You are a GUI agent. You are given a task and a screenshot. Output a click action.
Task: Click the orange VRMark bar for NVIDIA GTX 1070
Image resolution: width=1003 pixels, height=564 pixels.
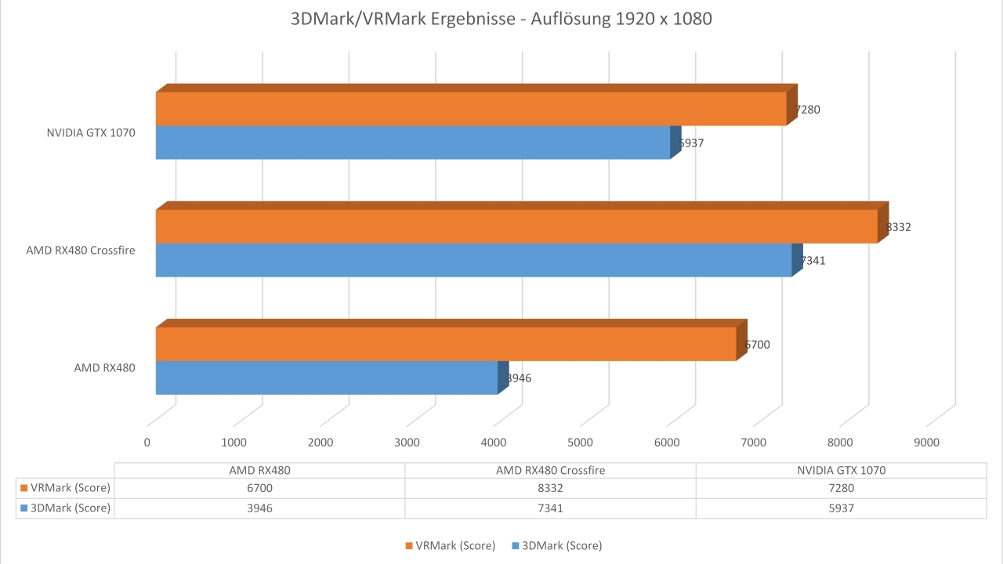(470, 109)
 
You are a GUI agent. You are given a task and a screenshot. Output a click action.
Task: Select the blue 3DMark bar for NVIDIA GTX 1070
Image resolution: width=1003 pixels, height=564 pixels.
(413, 143)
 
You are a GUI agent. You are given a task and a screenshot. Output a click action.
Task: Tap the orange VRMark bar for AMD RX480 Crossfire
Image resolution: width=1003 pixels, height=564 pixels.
(516, 226)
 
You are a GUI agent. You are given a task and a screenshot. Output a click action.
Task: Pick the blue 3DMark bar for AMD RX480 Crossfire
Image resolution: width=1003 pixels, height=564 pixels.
(473, 260)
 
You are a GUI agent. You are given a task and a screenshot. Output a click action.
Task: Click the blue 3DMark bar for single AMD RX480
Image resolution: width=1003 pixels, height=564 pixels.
(327, 378)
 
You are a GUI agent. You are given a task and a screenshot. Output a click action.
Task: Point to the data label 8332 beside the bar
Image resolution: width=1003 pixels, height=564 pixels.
(899, 227)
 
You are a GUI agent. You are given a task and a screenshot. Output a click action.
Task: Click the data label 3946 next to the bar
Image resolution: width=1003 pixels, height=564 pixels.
(519, 378)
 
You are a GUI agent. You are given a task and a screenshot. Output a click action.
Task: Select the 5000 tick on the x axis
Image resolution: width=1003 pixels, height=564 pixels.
(580, 443)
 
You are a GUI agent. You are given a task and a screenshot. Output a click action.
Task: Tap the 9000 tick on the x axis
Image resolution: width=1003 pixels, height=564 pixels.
(926, 443)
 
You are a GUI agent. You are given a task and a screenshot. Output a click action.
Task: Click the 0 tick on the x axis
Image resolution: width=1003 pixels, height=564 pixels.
(147, 443)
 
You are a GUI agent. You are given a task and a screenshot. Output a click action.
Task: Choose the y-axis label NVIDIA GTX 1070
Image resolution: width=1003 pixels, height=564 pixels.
(91, 133)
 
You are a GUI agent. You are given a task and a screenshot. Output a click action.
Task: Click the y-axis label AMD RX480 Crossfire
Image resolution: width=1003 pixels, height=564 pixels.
(81, 251)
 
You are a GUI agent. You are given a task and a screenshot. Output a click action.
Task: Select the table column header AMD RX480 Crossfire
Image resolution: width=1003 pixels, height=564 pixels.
(550, 471)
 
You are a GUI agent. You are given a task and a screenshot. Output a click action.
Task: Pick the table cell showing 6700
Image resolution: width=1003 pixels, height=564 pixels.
(259, 488)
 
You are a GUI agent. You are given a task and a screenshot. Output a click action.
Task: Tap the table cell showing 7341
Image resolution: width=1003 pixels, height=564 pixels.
(550, 508)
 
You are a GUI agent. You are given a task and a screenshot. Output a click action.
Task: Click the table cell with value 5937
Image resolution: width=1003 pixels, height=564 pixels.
(841, 508)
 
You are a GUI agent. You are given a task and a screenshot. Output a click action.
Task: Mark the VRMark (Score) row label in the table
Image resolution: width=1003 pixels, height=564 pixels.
(65, 488)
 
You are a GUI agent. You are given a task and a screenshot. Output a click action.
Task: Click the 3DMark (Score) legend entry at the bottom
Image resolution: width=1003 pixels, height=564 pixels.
(556, 545)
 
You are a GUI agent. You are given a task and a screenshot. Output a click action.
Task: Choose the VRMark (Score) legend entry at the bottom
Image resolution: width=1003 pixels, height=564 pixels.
(450, 545)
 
